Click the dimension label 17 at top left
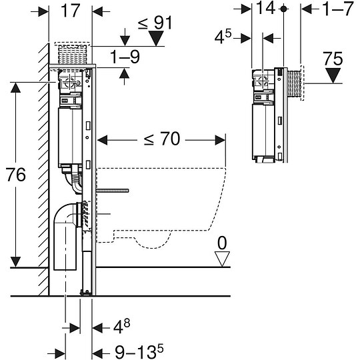click(71, 11)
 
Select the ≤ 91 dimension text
click(155, 22)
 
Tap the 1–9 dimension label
click(125, 58)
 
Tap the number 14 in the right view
click(266, 10)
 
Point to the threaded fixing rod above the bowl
click(113, 191)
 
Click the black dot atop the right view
click(285, 9)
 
